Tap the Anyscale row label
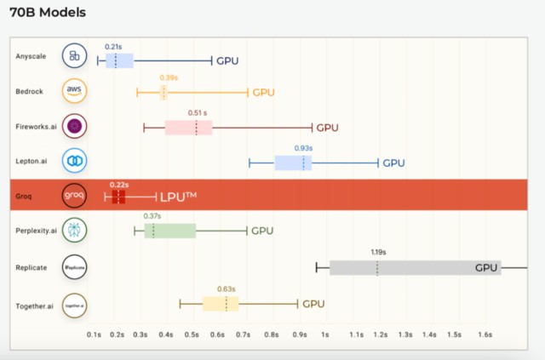coord(31,56)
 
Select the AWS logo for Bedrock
coord(75,92)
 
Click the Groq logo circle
coord(75,196)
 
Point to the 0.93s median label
coord(303,148)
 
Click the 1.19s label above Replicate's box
coord(378,252)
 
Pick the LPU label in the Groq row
coord(179,197)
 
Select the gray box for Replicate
coord(415,267)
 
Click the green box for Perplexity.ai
coord(169,231)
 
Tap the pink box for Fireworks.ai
coord(188,128)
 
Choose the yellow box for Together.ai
coord(221,304)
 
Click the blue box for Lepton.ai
coord(293,163)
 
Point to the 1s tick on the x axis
coord(324,335)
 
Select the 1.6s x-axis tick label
coord(485,335)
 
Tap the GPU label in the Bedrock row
coord(263,92)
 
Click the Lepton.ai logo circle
coord(75,161)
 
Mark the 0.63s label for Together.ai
coord(226,289)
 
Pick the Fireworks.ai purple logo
coord(75,127)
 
